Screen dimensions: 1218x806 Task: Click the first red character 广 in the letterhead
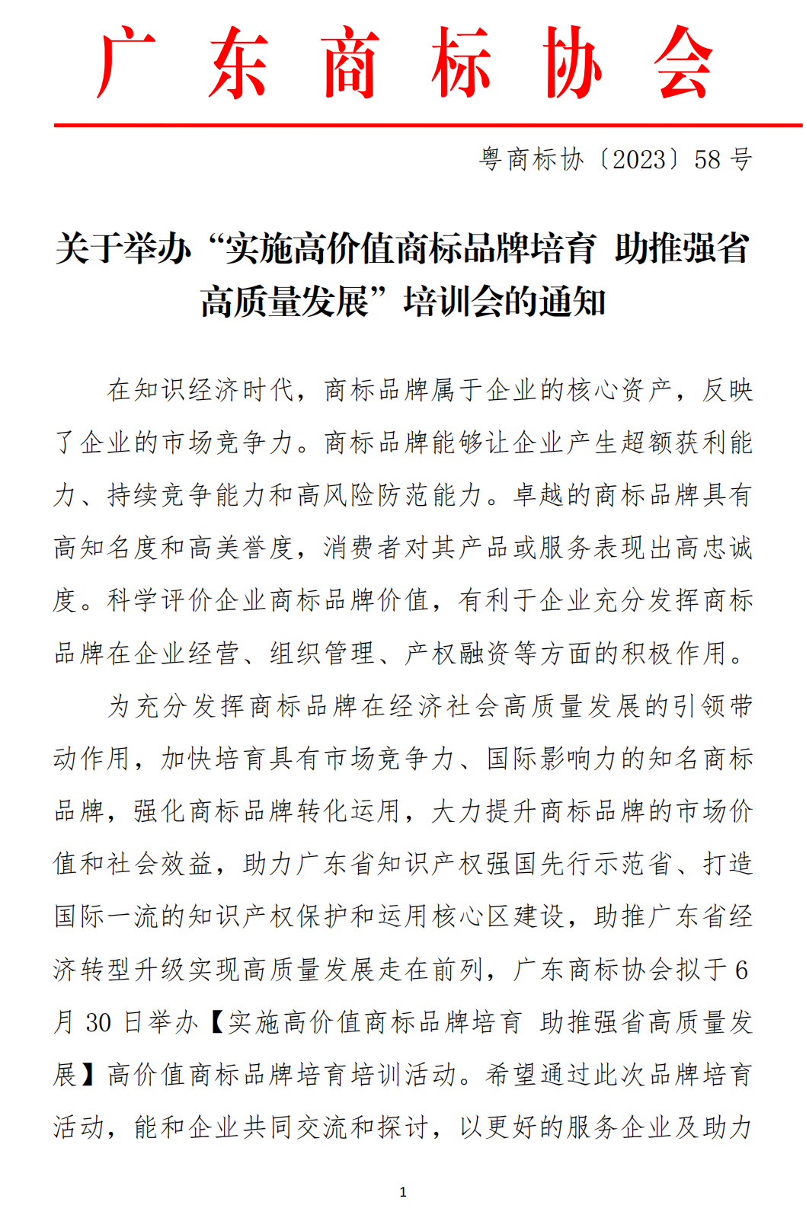coord(126,62)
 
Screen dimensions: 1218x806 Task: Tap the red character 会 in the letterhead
coord(683,62)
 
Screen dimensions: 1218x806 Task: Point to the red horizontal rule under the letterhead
coord(427,124)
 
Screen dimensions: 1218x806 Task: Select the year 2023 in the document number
coord(639,159)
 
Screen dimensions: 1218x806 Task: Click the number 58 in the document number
coord(707,159)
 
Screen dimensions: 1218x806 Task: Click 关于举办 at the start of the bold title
coord(122,249)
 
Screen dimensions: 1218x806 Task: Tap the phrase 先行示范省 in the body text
coord(606,864)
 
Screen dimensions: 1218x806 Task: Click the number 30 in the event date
coord(98,1022)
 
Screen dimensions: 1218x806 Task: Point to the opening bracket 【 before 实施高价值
coord(216,1022)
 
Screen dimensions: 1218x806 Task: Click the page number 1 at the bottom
coord(403,1192)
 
